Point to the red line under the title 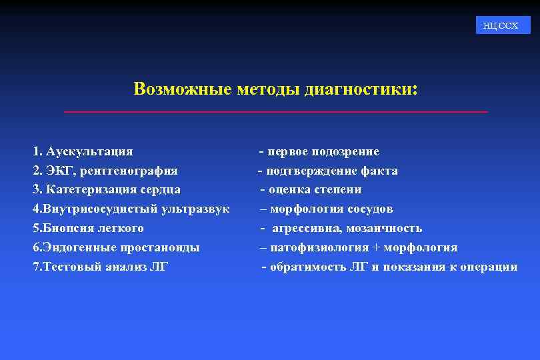[x=275, y=111]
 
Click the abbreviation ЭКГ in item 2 [x=59, y=171]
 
